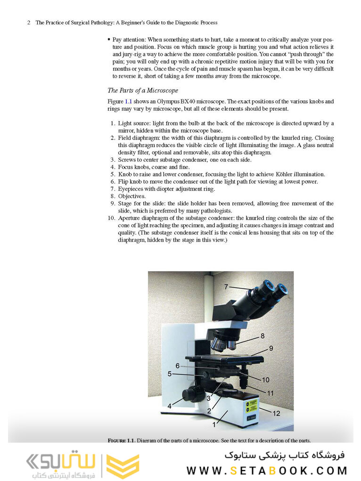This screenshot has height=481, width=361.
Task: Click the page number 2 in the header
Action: (x=29, y=23)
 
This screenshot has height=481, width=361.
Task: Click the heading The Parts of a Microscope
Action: (x=143, y=90)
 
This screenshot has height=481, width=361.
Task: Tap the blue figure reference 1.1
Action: (x=129, y=101)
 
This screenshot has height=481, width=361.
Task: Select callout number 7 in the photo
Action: (x=226, y=286)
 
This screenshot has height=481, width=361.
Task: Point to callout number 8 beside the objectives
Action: (x=263, y=336)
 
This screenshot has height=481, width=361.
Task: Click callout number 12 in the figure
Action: (x=276, y=413)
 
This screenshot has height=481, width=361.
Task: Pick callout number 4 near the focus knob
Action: (x=169, y=406)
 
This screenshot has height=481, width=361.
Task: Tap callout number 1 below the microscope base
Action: (x=214, y=424)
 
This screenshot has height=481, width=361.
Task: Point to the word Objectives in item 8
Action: (x=131, y=196)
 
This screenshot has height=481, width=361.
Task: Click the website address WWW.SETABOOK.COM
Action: (x=267, y=470)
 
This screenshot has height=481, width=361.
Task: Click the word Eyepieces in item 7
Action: (x=131, y=189)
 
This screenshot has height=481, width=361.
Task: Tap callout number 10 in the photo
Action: (x=265, y=379)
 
